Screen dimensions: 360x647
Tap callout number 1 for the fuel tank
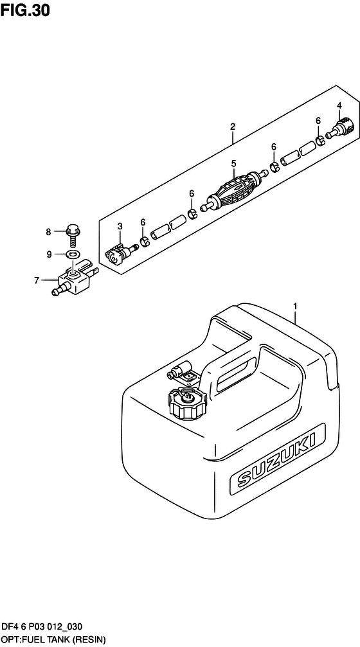pyautogui.click(x=296, y=306)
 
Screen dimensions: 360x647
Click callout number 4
pyautogui.click(x=339, y=105)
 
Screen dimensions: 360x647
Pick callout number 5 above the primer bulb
pyautogui.click(x=233, y=164)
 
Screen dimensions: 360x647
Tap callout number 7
pyautogui.click(x=37, y=281)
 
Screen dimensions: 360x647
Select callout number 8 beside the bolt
pyautogui.click(x=48, y=233)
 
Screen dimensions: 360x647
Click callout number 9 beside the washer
pyautogui.click(x=49, y=254)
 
